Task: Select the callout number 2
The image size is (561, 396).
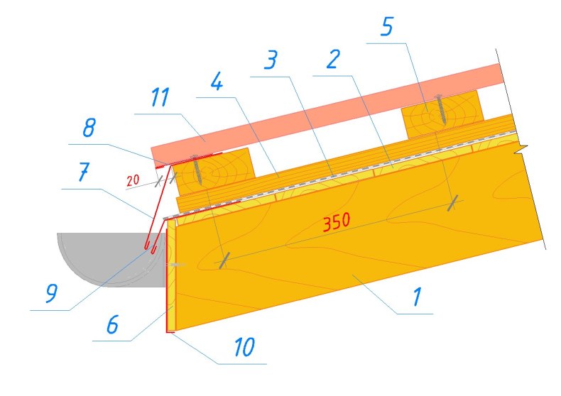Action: tap(333, 59)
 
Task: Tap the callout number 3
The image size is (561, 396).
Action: tap(271, 60)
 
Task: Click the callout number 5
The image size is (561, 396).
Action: tap(387, 26)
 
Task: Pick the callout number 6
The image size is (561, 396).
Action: tap(112, 324)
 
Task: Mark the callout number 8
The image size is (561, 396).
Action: tap(89, 127)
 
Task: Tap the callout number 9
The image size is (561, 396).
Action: tap(51, 293)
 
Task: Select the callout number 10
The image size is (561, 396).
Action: tap(244, 346)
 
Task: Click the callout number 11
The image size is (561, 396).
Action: tap(160, 97)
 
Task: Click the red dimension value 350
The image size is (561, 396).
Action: tap(337, 222)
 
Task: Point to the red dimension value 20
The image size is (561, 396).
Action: tap(133, 180)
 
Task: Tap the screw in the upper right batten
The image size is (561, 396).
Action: tap(441, 109)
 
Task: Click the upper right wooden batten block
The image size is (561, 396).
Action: tap(442, 114)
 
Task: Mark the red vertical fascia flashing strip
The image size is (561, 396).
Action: tap(167, 280)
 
